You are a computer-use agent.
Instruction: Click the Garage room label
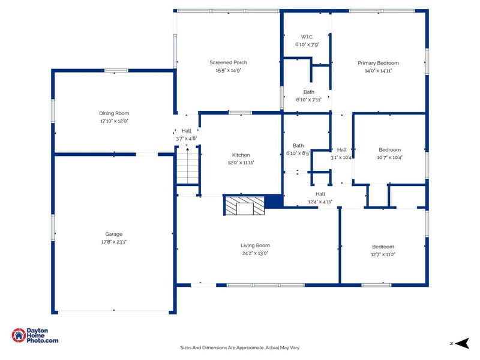(x=114, y=234)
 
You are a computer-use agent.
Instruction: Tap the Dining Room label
(x=114, y=113)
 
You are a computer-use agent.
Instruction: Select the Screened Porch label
(x=229, y=62)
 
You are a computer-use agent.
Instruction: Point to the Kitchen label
(x=241, y=155)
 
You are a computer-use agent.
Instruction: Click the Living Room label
(x=256, y=245)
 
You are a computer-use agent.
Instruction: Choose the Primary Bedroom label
(x=379, y=63)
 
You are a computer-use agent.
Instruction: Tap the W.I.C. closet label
(x=307, y=37)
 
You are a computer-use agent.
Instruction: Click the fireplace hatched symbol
(x=245, y=206)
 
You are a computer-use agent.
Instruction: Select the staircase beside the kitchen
(x=188, y=166)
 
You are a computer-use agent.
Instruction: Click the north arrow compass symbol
(x=462, y=343)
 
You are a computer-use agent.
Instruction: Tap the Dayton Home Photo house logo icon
(x=19, y=335)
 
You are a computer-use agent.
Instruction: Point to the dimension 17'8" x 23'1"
(x=114, y=242)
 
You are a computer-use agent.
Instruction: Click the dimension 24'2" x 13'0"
(x=256, y=253)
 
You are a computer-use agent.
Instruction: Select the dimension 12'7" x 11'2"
(x=383, y=254)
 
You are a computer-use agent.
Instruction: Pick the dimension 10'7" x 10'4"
(x=389, y=158)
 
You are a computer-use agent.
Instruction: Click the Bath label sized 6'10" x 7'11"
(x=309, y=92)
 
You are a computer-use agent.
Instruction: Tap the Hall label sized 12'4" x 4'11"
(x=320, y=194)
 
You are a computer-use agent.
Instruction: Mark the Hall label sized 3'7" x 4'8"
(x=187, y=131)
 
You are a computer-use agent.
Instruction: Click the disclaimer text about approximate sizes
(x=239, y=348)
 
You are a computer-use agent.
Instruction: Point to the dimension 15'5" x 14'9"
(x=229, y=70)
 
